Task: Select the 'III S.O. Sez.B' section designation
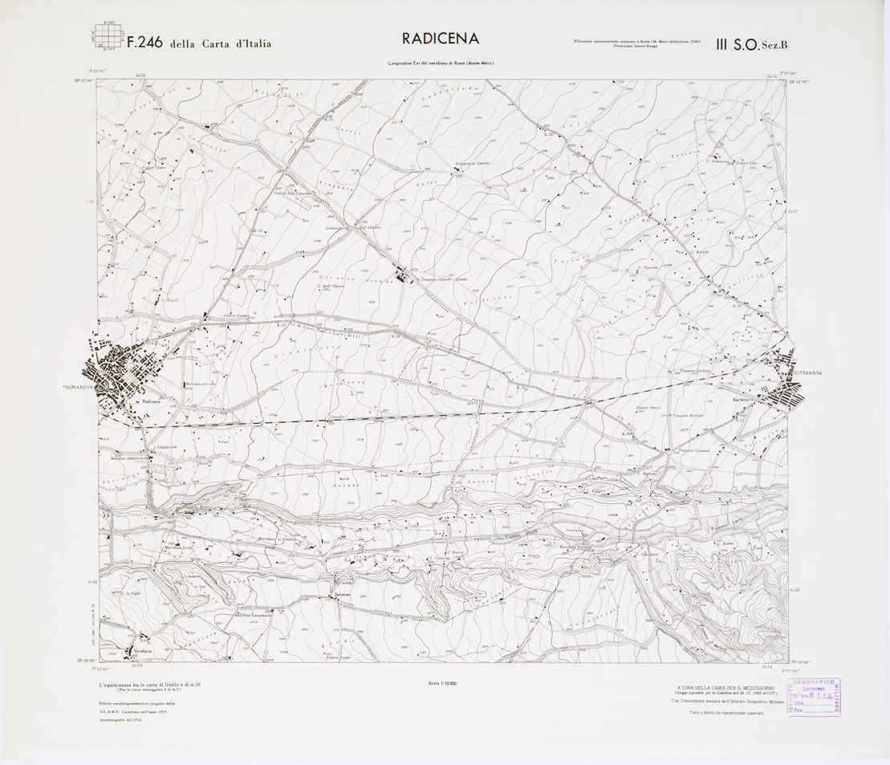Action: [752, 46]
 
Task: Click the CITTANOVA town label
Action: [811, 374]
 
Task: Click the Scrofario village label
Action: [140, 651]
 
